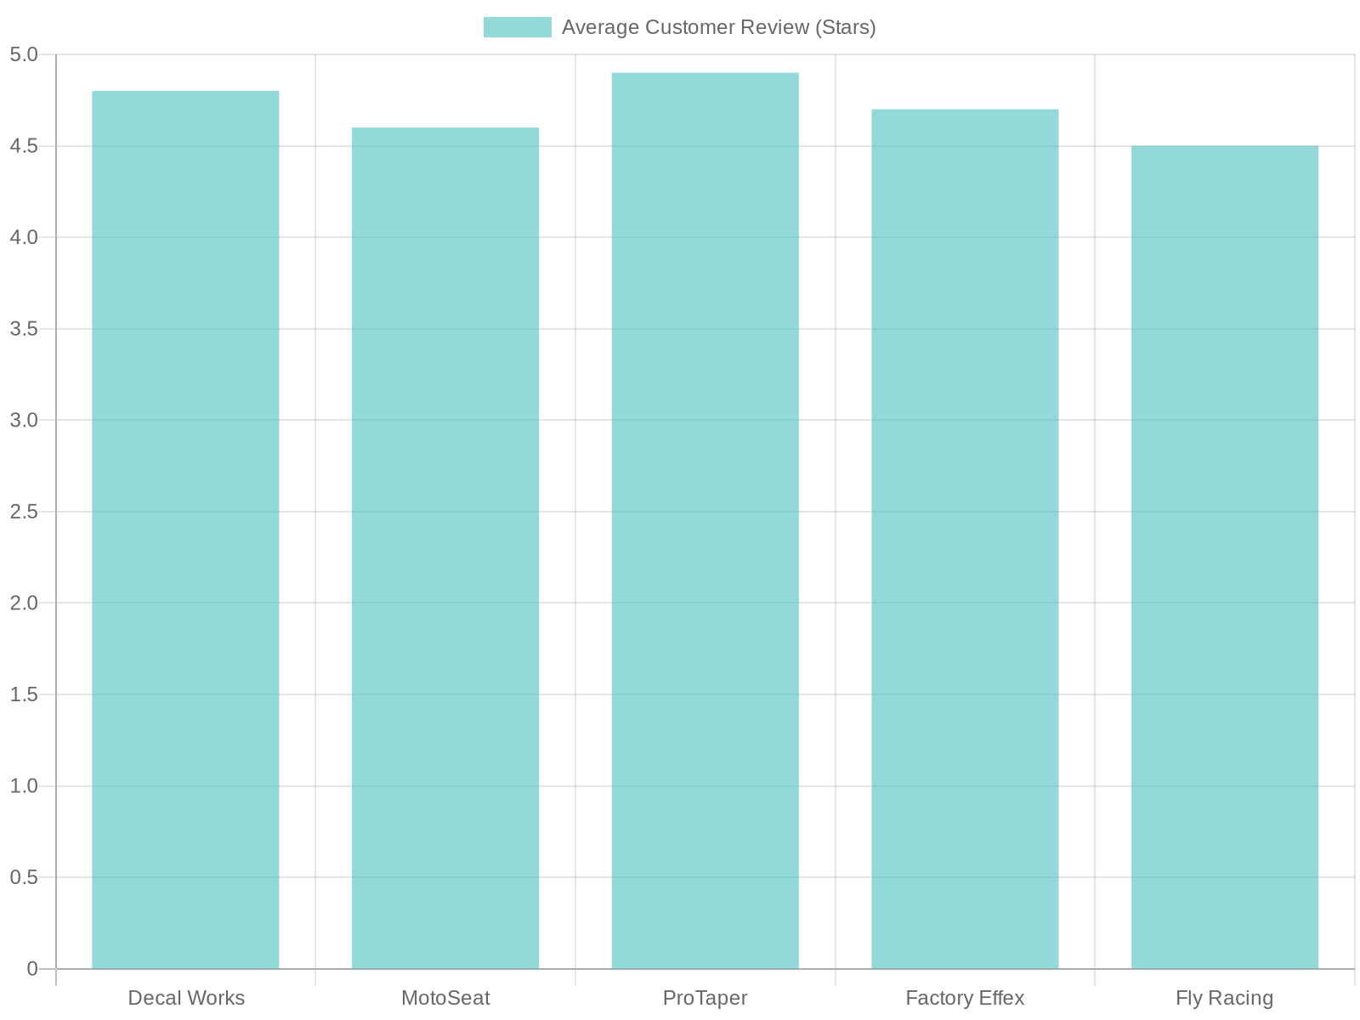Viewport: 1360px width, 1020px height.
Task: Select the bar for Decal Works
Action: (x=185, y=530)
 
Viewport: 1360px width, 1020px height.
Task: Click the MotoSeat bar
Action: (x=445, y=548)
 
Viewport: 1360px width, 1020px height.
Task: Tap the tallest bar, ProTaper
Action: (x=705, y=520)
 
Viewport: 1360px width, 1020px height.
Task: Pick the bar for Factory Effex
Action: (x=965, y=539)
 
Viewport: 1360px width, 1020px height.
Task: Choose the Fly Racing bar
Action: (x=1225, y=557)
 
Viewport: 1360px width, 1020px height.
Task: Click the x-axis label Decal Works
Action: (x=185, y=998)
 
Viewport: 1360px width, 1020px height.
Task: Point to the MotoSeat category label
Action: (x=445, y=998)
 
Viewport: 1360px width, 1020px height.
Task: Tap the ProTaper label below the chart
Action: (x=705, y=998)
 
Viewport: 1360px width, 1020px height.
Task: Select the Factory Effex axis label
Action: (x=965, y=998)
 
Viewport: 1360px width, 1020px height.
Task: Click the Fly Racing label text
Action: (x=1224, y=998)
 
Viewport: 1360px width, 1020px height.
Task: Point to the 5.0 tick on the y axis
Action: (x=24, y=55)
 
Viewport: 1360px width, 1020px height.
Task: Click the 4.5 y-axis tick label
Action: (x=24, y=146)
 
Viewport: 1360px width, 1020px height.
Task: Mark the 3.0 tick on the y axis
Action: (x=24, y=421)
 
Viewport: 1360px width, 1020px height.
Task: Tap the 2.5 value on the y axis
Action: (x=24, y=512)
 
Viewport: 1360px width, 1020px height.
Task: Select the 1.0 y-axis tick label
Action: (x=24, y=786)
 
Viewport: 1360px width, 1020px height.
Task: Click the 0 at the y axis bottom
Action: (x=32, y=969)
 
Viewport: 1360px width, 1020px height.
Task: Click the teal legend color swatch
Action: (x=517, y=27)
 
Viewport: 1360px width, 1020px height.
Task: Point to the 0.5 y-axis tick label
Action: (x=24, y=877)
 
